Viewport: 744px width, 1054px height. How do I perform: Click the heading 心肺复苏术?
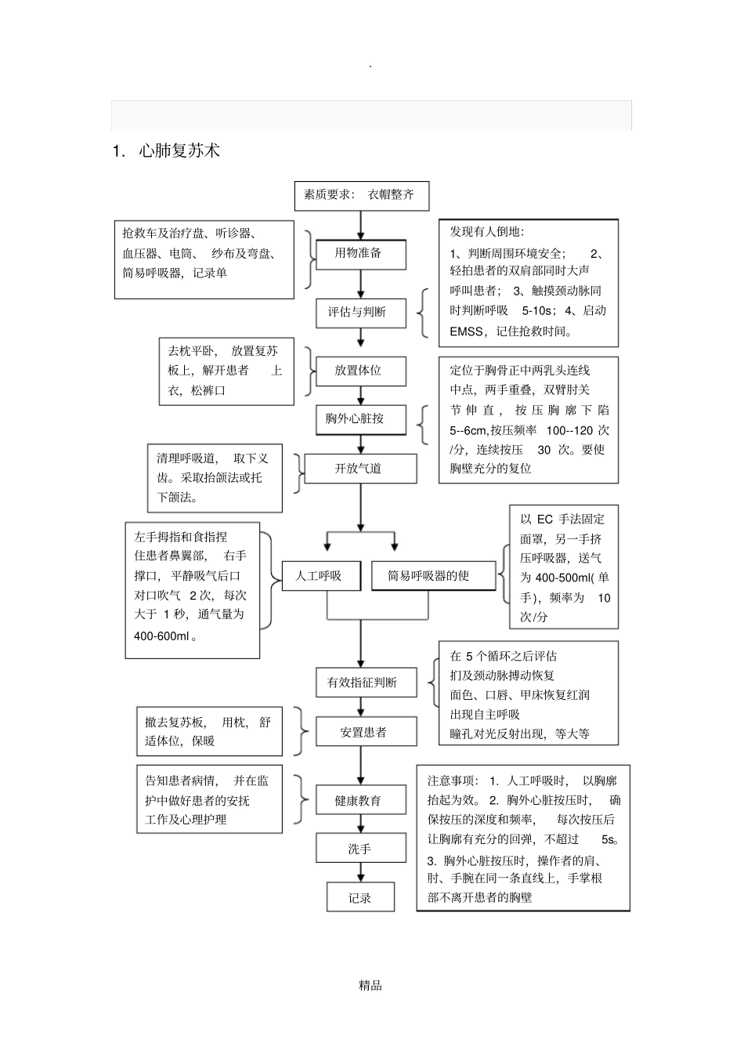pos(179,151)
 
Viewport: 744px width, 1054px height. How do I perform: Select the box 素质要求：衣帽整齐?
pos(361,195)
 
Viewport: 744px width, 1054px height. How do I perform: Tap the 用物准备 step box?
pos(360,254)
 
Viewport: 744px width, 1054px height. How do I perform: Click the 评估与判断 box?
pos(360,312)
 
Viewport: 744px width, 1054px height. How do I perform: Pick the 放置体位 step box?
pos(360,371)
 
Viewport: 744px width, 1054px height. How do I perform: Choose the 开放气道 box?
pos(360,469)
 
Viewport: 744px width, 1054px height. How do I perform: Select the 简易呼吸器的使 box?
pos(432,576)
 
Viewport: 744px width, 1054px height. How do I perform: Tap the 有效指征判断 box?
pos(361,683)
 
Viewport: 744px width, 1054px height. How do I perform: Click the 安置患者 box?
pos(361,732)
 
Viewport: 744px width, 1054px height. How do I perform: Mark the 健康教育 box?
pos(360,801)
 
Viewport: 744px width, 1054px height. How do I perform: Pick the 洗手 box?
pos(360,849)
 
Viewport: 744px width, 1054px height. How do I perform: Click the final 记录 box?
pos(360,898)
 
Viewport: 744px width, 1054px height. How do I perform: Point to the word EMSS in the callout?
pos(467,331)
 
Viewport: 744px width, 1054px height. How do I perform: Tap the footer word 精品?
pos(370,986)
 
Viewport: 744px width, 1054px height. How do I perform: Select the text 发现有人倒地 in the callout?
pos(486,232)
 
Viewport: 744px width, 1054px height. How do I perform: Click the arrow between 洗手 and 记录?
pos(360,872)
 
